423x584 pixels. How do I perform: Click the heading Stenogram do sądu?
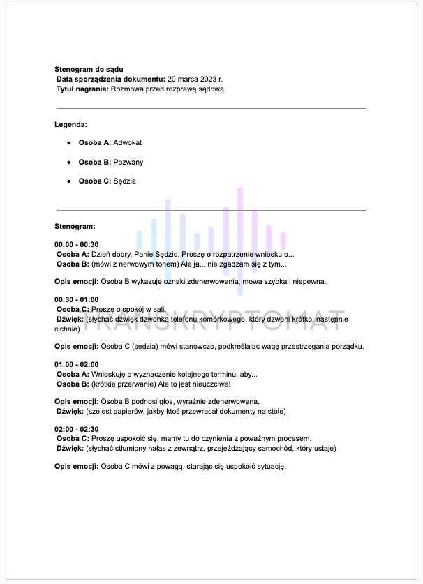point(89,69)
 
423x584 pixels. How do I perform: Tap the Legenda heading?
point(70,125)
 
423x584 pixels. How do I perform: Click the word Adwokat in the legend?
point(127,142)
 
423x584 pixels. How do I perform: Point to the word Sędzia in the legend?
point(125,181)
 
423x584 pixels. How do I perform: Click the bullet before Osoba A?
point(68,142)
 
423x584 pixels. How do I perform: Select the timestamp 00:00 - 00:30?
point(77,245)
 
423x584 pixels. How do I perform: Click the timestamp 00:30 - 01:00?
point(77,300)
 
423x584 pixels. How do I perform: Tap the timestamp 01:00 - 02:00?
point(77,364)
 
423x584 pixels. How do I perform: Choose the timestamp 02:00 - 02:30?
point(77,429)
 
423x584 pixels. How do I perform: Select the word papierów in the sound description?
point(127,411)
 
